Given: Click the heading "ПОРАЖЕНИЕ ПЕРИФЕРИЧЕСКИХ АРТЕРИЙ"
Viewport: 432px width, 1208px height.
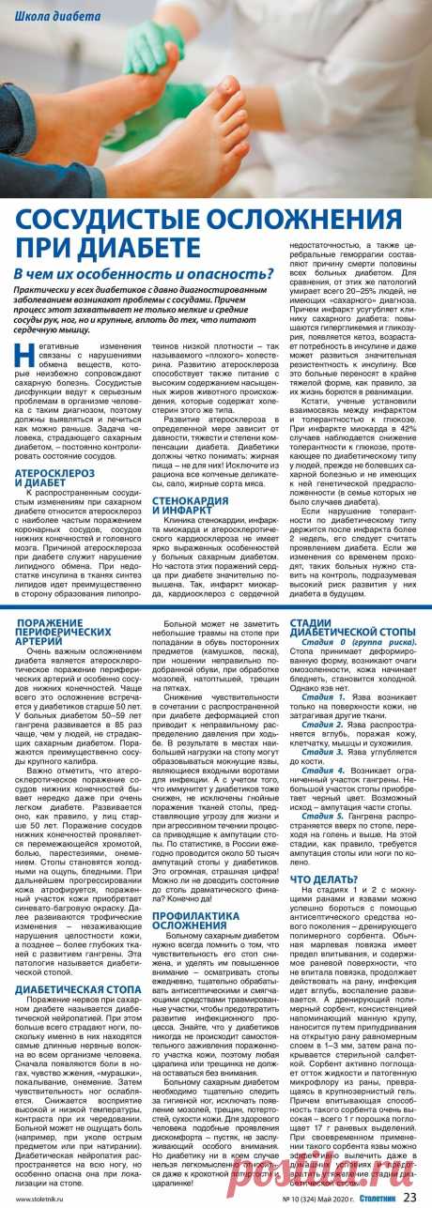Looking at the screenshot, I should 68,629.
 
